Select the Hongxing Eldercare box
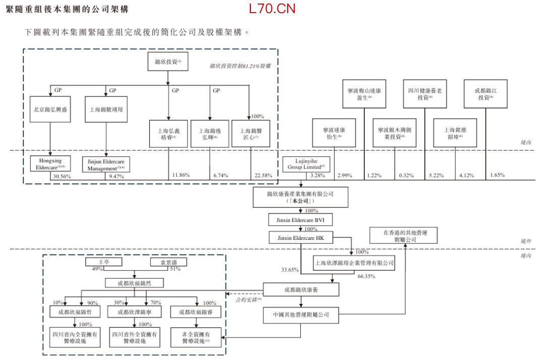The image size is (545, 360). coord(50,164)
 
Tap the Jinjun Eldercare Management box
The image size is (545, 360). coord(106,164)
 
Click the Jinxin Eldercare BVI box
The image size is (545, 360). coord(300,221)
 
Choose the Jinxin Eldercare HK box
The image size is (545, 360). coord(300,238)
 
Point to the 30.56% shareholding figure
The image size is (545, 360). coord(62,177)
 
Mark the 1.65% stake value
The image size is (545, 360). coord(497,175)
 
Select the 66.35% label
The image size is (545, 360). coord(367,277)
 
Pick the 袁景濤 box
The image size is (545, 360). coord(169,262)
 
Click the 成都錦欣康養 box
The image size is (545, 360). coord(301,290)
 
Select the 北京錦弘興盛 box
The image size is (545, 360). coord(50,109)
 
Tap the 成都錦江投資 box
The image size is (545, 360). coord(485,94)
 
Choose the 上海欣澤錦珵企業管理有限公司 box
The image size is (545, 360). coord(354,263)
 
